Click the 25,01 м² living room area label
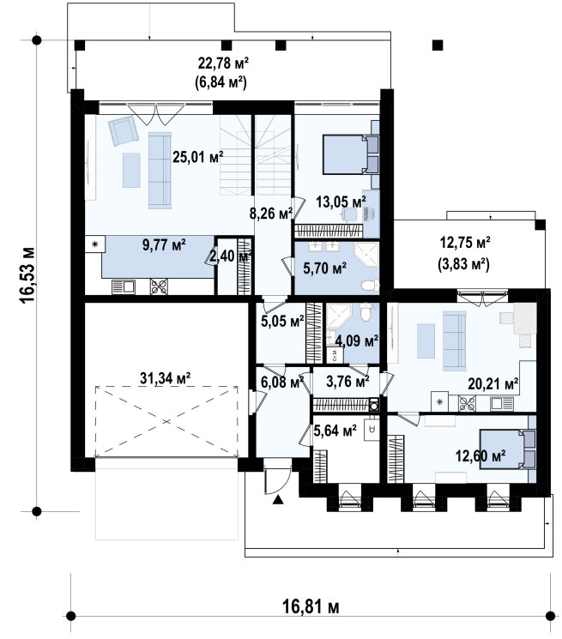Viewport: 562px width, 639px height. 198,156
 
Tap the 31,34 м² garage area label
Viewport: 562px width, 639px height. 166,378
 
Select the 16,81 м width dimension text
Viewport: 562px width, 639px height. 311,606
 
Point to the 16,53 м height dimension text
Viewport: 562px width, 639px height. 28,275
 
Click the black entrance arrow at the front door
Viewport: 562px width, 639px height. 278,500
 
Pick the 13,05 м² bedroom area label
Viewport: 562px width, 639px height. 341,202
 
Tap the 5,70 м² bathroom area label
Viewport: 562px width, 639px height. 325,268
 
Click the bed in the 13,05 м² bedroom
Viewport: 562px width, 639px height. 350,155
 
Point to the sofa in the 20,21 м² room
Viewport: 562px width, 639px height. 454,341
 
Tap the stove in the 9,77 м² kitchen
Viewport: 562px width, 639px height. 159,286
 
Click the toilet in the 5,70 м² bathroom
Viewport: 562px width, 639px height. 372,285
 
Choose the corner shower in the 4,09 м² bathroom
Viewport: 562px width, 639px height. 338,316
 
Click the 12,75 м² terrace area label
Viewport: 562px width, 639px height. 464,243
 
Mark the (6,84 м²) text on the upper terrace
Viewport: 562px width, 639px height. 221,82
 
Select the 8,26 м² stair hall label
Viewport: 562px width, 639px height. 271,213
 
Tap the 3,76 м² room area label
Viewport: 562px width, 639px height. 348,382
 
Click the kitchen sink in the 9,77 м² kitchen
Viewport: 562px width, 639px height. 124,286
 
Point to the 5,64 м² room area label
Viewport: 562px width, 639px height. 335,431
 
